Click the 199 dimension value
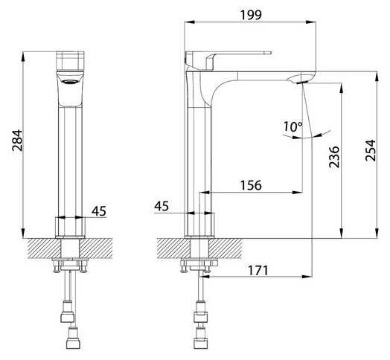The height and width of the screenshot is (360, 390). coord(251,15)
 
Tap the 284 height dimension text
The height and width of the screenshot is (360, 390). coord(17,141)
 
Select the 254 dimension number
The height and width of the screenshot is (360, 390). coord(371,150)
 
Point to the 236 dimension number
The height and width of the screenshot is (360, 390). coord(334,157)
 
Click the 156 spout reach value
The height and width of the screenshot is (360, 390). coord(251,185)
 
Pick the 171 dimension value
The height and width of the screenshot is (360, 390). coord(258,271)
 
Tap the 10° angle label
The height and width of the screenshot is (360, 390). coord(293,126)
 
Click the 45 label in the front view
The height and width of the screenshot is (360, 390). coord(99,211)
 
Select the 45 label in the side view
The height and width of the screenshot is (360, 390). coord(162,206)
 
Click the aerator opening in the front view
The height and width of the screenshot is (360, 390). coord(70,81)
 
